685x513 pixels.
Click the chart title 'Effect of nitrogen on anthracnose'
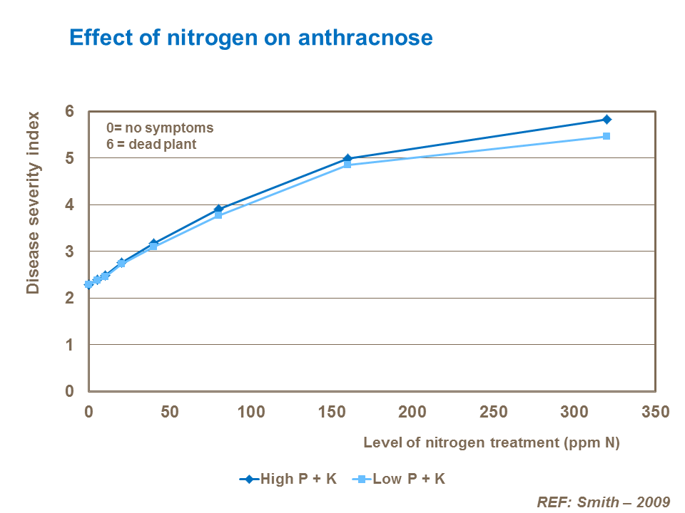click(x=250, y=37)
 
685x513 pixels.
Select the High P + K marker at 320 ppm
click(x=607, y=120)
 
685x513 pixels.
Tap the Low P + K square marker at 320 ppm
click(x=607, y=136)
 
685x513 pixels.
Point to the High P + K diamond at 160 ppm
click(x=347, y=159)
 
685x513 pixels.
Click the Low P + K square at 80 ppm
click(x=218, y=214)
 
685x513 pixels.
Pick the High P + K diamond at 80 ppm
click(x=218, y=209)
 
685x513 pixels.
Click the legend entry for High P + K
click(x=288, y=479)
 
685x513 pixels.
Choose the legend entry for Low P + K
click(x=399, y=479)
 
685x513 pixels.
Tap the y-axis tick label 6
click(x=69, y=111)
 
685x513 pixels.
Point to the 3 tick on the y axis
click(x=69, y=252)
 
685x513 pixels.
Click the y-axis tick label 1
click(x=69, y=345)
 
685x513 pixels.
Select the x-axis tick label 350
click(x=655, y=412)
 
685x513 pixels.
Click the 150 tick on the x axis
click(x=331, y=412)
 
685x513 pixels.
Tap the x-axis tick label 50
click(x=170, y=412)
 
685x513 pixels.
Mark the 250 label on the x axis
click(x=493, y=412)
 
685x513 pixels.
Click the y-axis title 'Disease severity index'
click(x=32, y=202)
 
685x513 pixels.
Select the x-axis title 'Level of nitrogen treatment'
click(x=492, y=442)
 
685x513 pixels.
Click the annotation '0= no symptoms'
click(x=160, y=128)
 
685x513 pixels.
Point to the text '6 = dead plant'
click(x=151, y=144)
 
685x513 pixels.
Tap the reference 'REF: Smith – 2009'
click(x=603, y=501)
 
